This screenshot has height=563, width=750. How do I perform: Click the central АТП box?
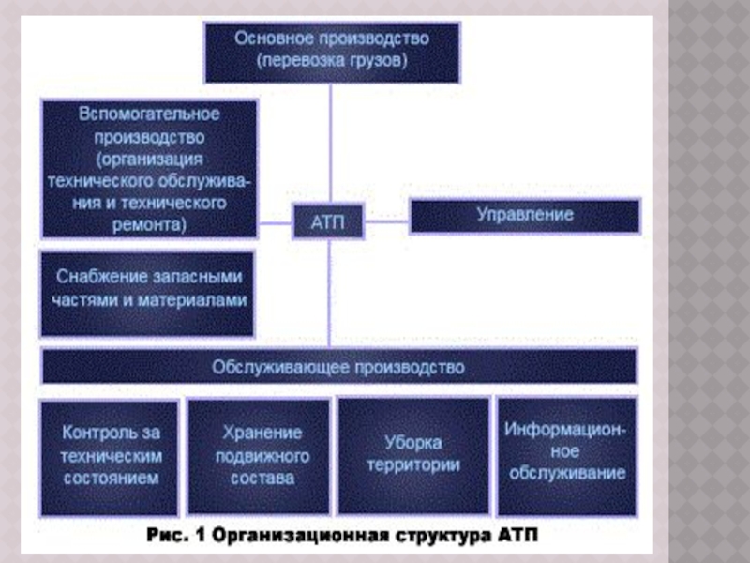click(x=329, y=223)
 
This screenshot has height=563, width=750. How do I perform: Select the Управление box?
click(x=525, y=216)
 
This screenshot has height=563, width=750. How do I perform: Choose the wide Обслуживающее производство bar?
click(x=338, y=367)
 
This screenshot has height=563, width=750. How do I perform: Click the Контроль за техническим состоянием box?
click(x=110, y=455)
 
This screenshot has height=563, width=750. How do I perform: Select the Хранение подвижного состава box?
click(x=261, y=455)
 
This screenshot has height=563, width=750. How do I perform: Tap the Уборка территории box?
click(x=412, y=455)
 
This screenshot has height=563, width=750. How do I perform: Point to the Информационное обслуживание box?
click(x=566, y=455)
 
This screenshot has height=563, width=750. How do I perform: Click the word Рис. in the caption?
click(x=170, y=539)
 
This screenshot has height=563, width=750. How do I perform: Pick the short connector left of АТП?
click(x=275, y=223)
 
